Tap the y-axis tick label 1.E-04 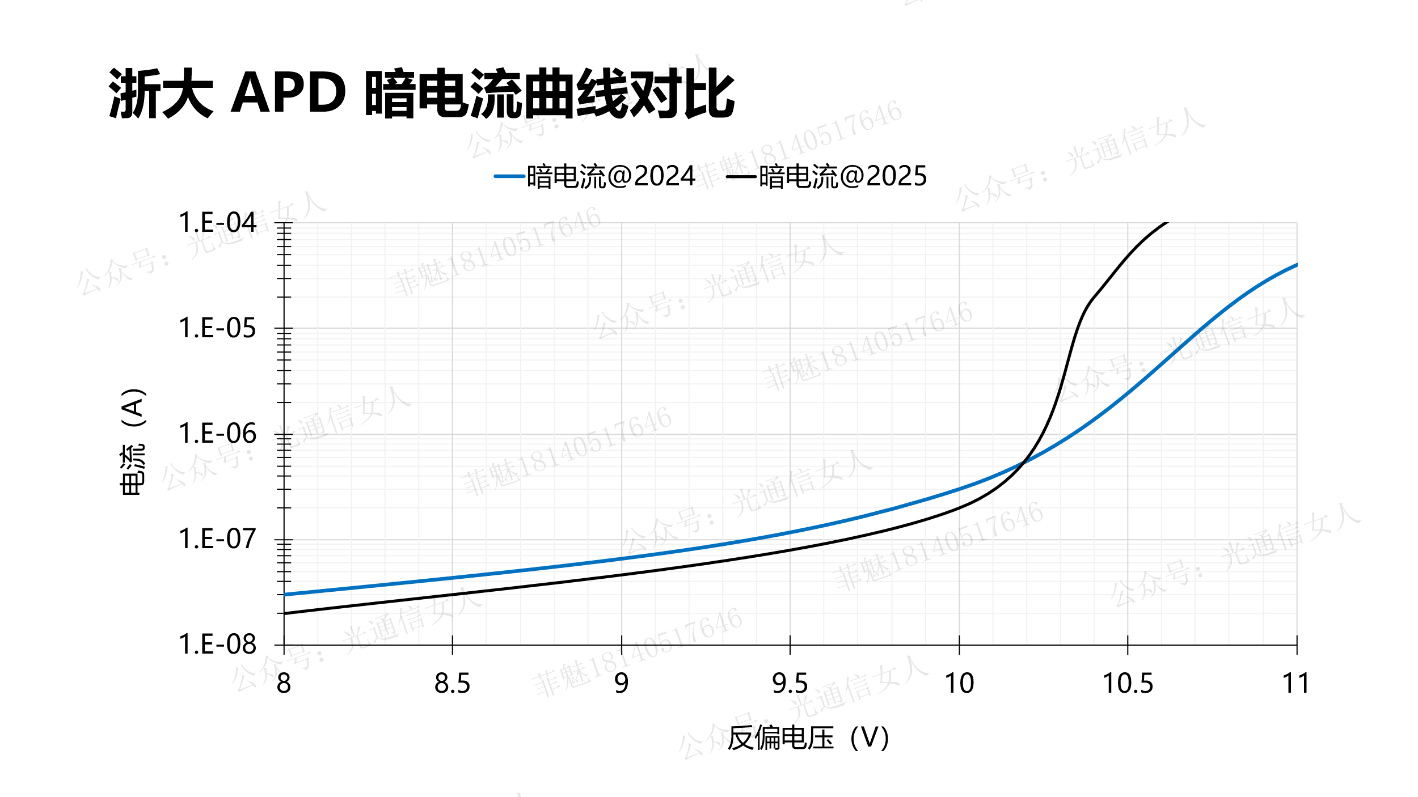[x=217, y=223]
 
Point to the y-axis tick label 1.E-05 [x=217, y=328]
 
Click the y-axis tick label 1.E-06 [x=217, y=434]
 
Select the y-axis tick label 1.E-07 [x=217, y=539]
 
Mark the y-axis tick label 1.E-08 [x=217, y=645]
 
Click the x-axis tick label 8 [x=284, y=684]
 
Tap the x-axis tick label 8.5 [x=452, y=684]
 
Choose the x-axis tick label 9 [x=621, y=684]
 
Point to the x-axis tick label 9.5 [x=790, y=684]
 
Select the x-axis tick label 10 [x=959, y=684]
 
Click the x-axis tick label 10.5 [x=1127, y=684]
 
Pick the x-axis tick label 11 [x=1295, y=684]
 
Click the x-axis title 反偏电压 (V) [x=808, y=738]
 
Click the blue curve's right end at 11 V [x=1297, y=265]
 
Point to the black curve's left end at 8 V [x=284, y=613]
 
